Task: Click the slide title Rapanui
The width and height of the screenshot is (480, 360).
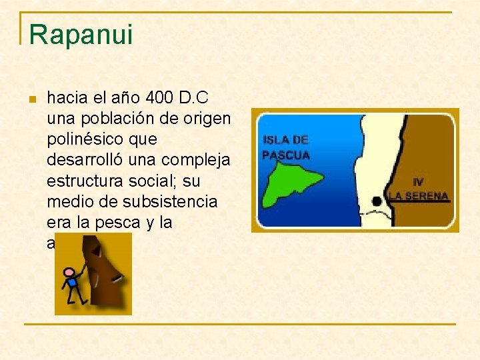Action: click(81, 35)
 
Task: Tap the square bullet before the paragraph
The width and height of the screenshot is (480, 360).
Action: click(31, 99)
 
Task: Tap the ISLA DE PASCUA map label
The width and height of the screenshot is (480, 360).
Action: click(285, 147)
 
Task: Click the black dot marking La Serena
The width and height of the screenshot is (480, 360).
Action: click(377, 201)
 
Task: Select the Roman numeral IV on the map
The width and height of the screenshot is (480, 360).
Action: click(418, 181)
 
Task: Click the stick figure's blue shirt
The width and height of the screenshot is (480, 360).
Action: click(71, 283)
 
